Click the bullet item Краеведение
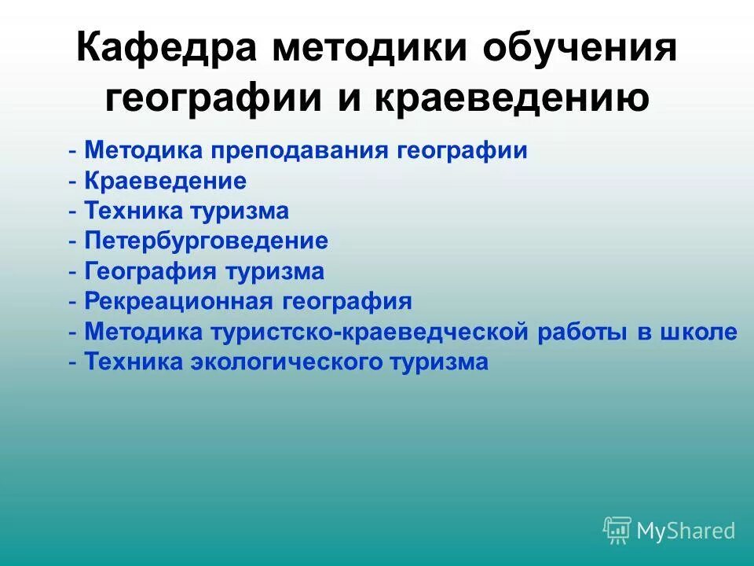[x=165, y=182]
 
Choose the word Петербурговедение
[x=206, y=241]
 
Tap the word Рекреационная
[x=178, y=301]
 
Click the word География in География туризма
[x=152, y=271]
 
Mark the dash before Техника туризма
[x=73, y=211]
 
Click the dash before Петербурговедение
[x=73, y=241]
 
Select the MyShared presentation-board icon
[x=617, y=530]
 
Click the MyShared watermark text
[x=686, y=531]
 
